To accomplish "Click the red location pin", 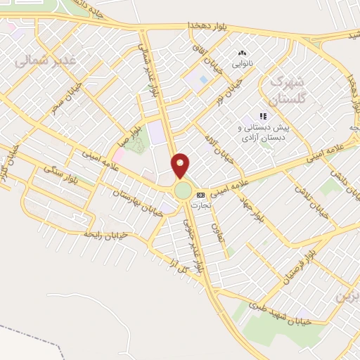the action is coord(181,166).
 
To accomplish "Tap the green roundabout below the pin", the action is coord(183,191).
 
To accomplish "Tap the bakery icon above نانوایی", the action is coord(242,52).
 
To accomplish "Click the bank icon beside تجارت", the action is coord(202,195).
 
